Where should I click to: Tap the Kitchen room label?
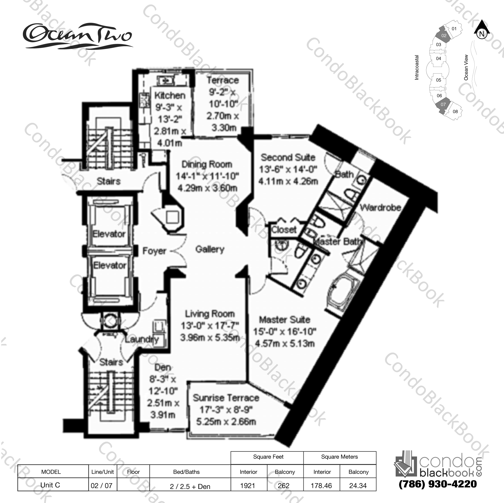[170, 96]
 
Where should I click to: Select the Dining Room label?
[207, 164]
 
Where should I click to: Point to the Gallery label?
[210, 249]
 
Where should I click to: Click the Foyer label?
[154, 251]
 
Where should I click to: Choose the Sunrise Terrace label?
[226, 398]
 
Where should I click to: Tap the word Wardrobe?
[380, 208]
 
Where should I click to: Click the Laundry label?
[142, 339]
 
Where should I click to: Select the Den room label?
[163, 367]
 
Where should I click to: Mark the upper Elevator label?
[109, 234]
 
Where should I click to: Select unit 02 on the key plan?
[444, 36]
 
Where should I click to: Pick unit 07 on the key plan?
[443, 104]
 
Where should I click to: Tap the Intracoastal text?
[417, 67]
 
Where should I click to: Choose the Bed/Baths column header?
[186, 472]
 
